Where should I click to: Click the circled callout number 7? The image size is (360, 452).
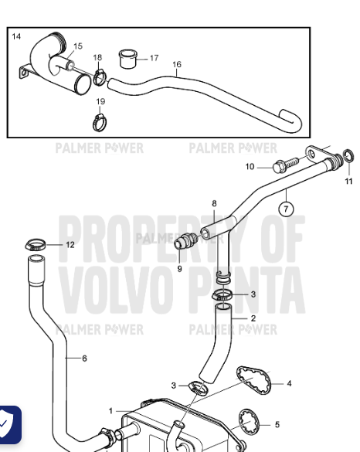tap(286, 209)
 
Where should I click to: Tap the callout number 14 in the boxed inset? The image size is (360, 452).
tap(16, 36)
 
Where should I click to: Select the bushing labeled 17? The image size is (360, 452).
tap(127, 59)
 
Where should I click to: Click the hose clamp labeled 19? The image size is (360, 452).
tap(100, 123)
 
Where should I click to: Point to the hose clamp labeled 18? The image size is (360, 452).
tap(100, 77)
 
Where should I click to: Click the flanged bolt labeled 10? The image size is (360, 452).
tap(285, 165)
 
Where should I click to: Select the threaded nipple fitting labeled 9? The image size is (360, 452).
tap(186, 241)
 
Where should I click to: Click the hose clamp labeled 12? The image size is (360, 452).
tap(36, 245)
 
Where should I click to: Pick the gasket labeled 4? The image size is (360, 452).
tap(253, 380)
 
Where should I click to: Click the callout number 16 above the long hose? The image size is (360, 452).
tap(177, 64)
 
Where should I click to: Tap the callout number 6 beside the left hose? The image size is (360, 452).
tap(84, 359)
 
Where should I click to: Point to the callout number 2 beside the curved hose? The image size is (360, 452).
tap(253, 318)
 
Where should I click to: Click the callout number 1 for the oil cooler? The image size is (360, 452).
tap(110, 411)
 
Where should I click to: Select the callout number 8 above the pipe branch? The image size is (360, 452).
tap(214, 203)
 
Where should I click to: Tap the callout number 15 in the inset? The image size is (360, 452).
tap(78, 46)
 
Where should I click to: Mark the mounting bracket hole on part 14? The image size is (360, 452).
tap(23, 73)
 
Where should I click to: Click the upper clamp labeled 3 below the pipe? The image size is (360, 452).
tap(222, 295)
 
